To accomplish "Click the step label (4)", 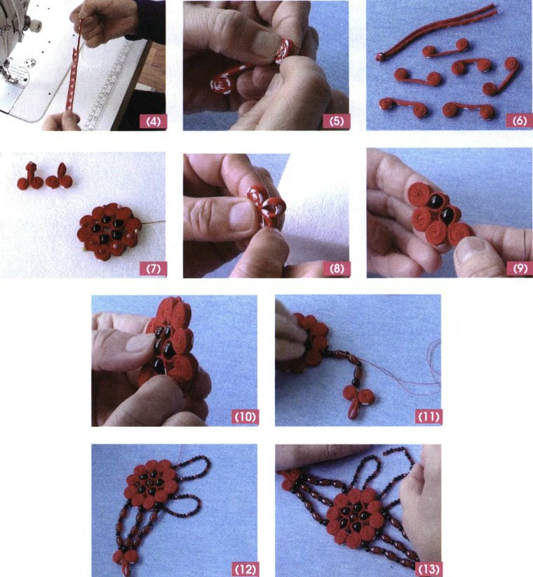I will [153, 121].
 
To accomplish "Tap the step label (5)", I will [336, 121].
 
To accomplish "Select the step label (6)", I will [518, 121].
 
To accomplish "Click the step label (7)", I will [153, 268].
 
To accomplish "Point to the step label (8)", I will [336, 268].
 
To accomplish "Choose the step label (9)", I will [518, 268].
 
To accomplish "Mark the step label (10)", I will [245, 417].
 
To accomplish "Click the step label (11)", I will [428, 417].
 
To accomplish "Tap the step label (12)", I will [245, 566].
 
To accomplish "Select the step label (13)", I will [428, 566].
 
